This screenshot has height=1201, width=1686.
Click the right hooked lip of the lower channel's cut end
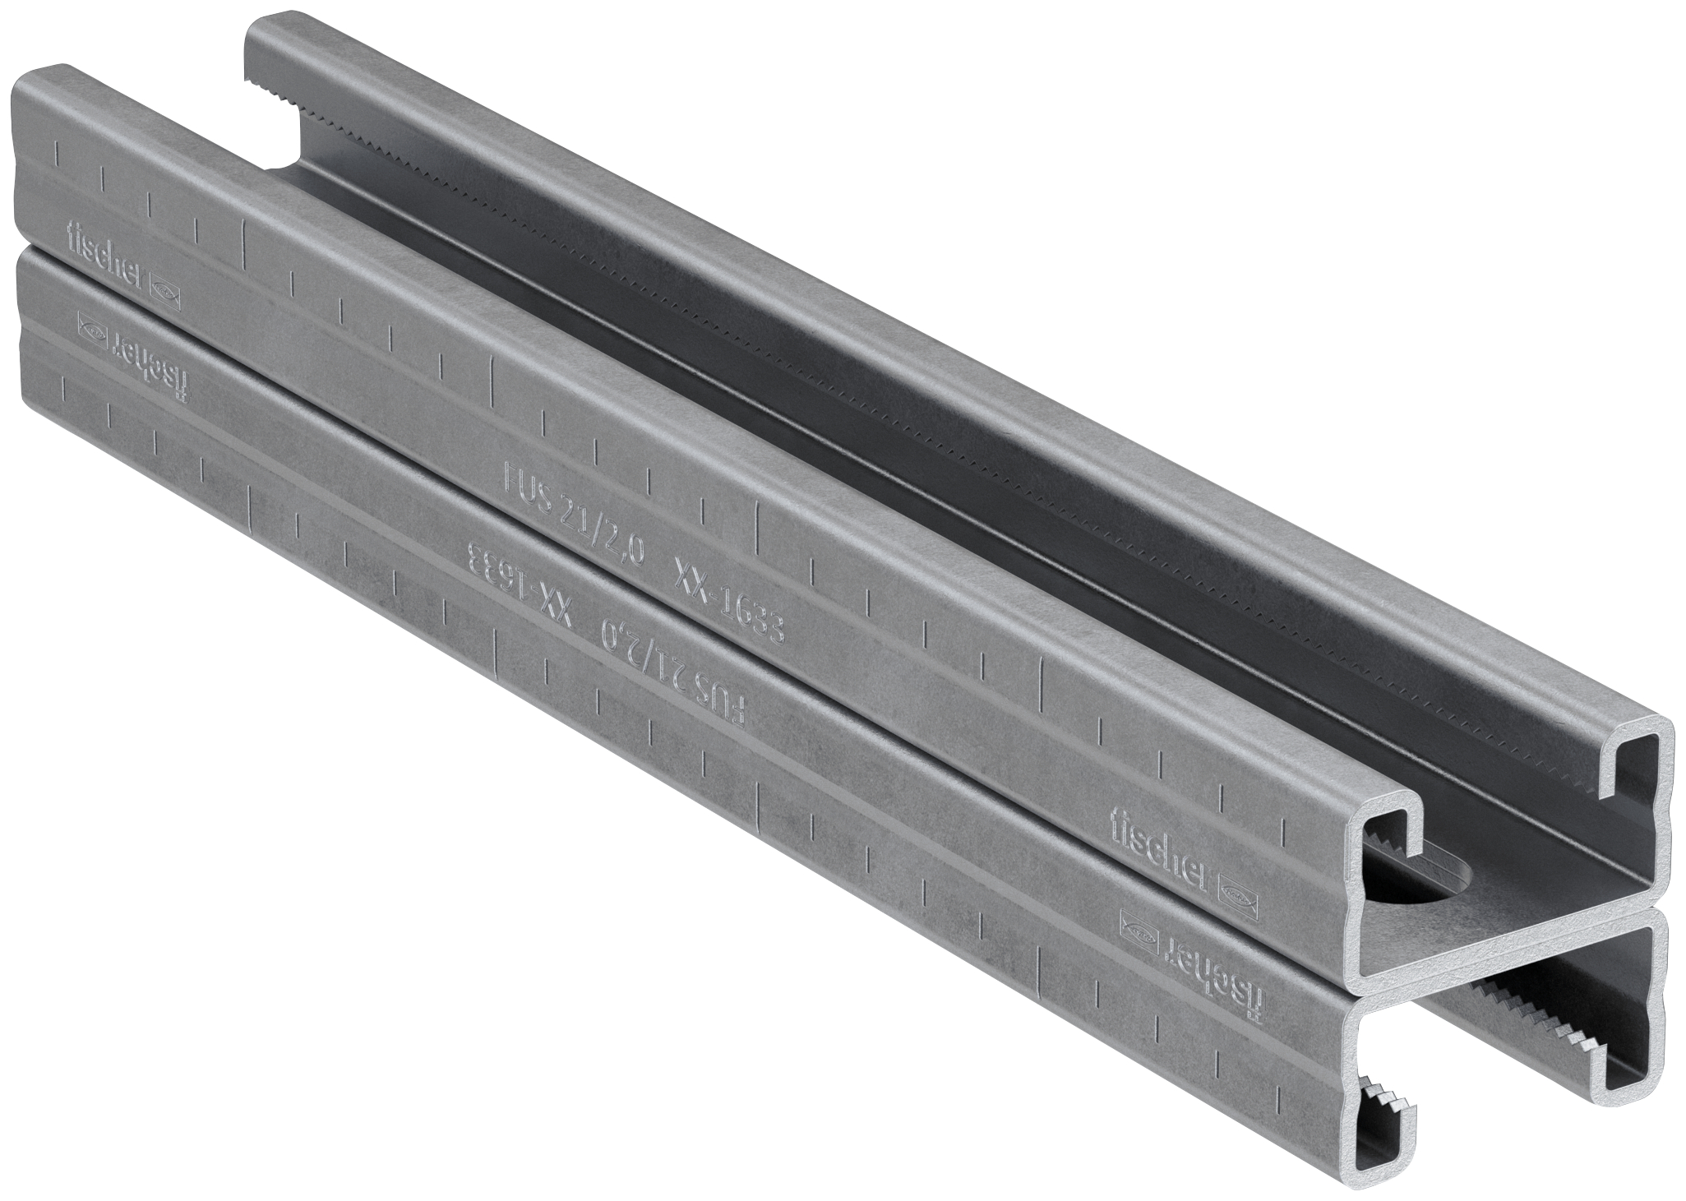point(1595,1060)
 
